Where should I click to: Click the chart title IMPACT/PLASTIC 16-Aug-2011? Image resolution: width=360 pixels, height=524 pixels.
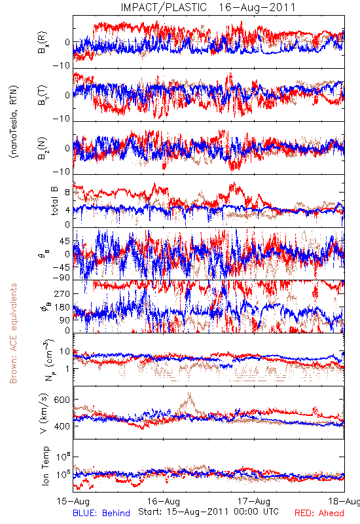[208, 7]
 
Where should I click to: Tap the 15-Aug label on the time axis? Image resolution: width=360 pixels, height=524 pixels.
[73, 501]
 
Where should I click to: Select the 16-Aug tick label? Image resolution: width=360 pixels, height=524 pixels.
[163, 501]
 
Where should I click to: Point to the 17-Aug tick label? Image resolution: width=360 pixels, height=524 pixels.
[254, 501]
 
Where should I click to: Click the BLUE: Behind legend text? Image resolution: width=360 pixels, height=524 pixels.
[101, 513]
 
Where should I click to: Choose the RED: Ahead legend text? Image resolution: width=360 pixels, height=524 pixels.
[319, 513]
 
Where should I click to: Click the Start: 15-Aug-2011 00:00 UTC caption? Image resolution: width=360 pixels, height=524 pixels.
[208, 512]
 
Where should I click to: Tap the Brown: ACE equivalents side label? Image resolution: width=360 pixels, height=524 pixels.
[13, 333]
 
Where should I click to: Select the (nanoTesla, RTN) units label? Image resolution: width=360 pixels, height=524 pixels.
[14, 122]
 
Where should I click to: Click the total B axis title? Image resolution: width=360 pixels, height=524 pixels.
[54, 201]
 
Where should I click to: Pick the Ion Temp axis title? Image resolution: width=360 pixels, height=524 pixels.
[45, 466]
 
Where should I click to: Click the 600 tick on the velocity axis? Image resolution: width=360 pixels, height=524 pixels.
[62, 400]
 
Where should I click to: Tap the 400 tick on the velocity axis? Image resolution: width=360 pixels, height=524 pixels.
[62, 426]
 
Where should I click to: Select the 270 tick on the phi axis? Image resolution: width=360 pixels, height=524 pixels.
[62, 293]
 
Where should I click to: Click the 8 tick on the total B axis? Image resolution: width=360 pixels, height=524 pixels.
[67, 193]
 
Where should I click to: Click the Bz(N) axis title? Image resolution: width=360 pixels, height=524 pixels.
[43, 148]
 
